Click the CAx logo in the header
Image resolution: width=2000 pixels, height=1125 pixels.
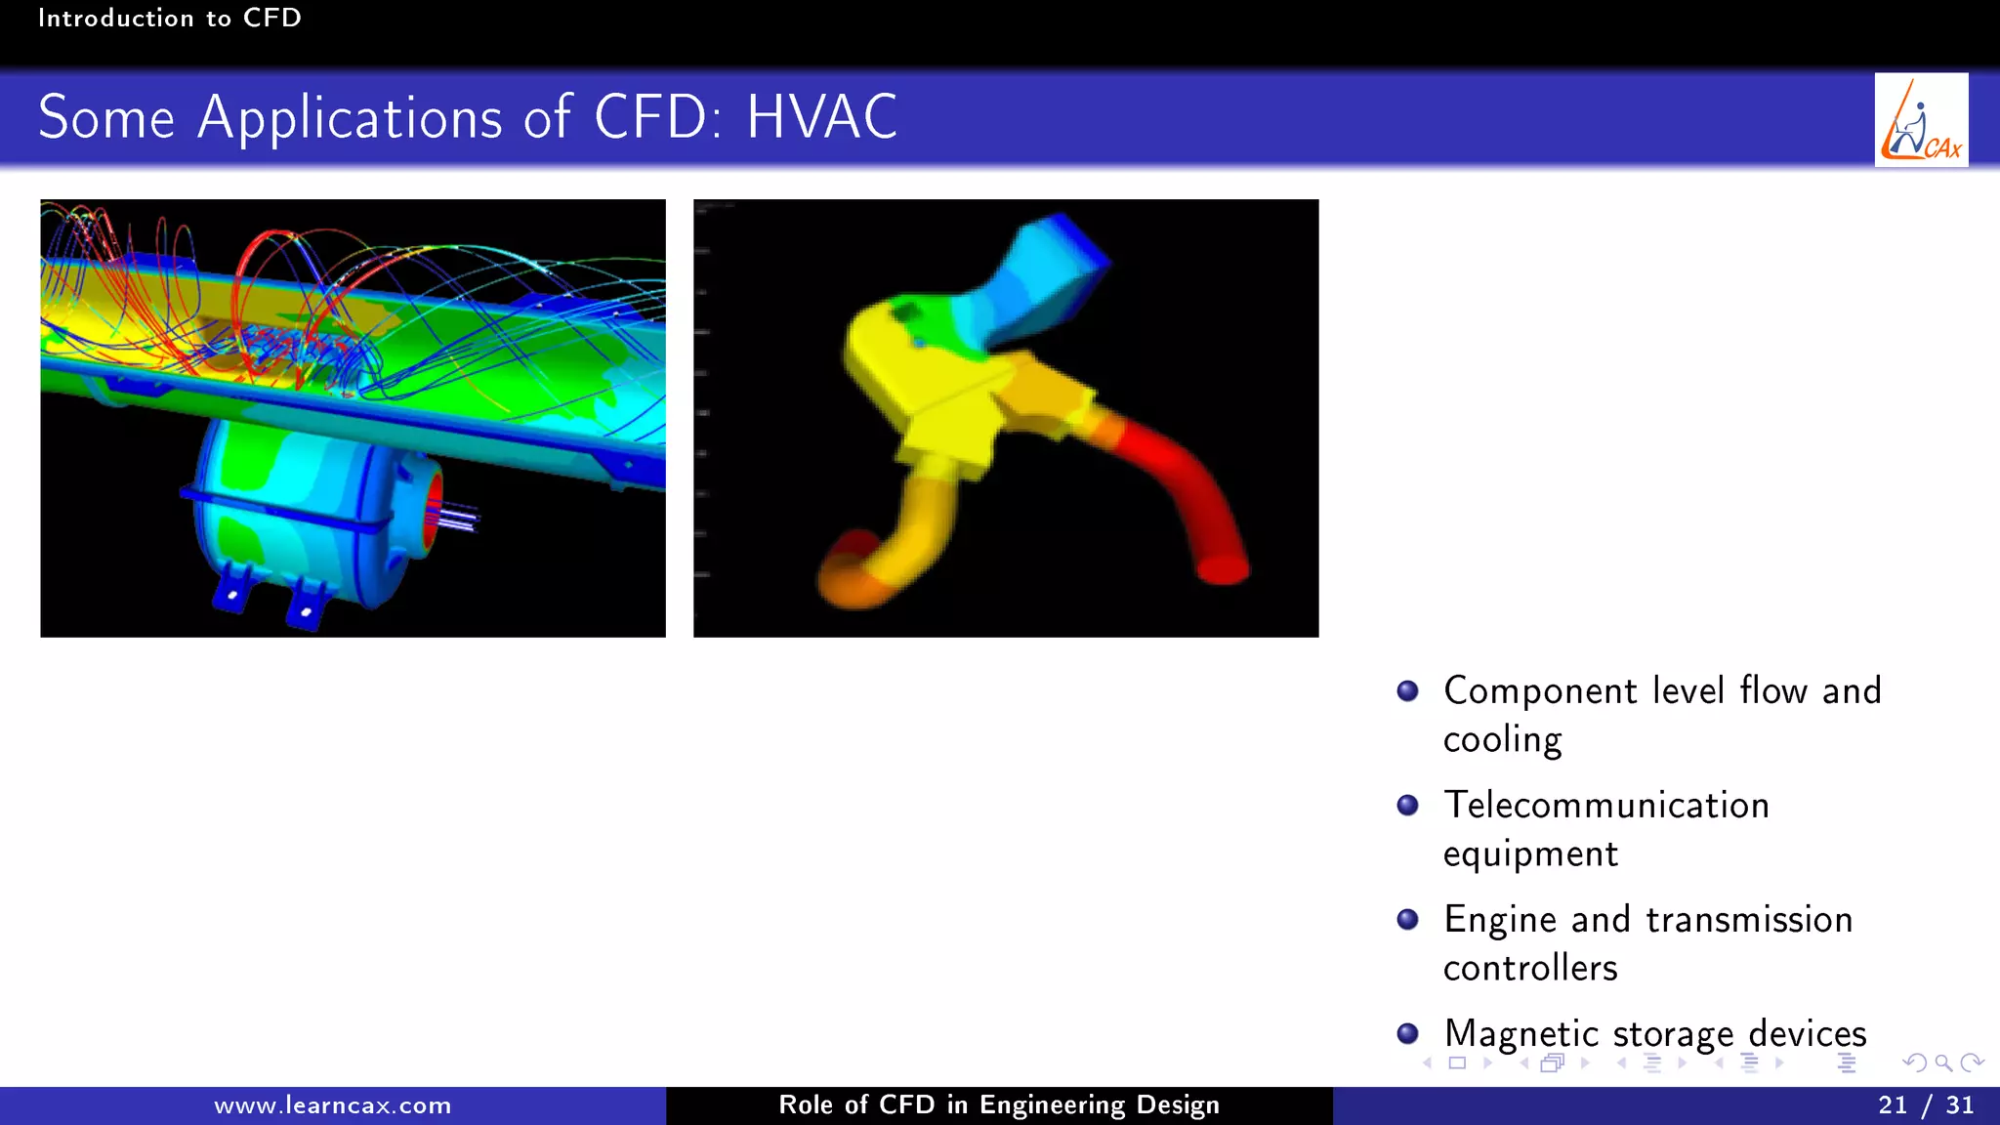(x=1921, y=120)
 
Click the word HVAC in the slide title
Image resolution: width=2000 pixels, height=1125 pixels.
(x=821, y=118)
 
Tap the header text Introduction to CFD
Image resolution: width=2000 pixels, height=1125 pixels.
(x=169, y=18)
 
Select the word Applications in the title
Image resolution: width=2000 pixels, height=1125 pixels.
(x=351, y=119)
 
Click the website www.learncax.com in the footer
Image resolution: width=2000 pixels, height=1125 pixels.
(x=332, y=1105)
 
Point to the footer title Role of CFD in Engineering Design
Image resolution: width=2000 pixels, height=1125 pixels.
(x=998, y=1104)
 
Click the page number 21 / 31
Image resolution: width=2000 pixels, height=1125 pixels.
(x=1925, y=1104)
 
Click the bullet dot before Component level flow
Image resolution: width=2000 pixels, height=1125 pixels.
(x=1407, y=691)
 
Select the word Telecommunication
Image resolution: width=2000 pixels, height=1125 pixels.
(x=1605, y=806)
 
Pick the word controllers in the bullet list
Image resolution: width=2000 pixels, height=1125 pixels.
(x=1529, y=968)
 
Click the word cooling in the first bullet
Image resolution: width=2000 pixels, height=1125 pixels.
(x=1502, y=740)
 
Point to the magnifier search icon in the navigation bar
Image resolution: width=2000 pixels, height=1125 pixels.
(x=1943, y=1062)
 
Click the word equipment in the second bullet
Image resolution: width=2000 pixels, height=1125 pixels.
(x=1529, y=854)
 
